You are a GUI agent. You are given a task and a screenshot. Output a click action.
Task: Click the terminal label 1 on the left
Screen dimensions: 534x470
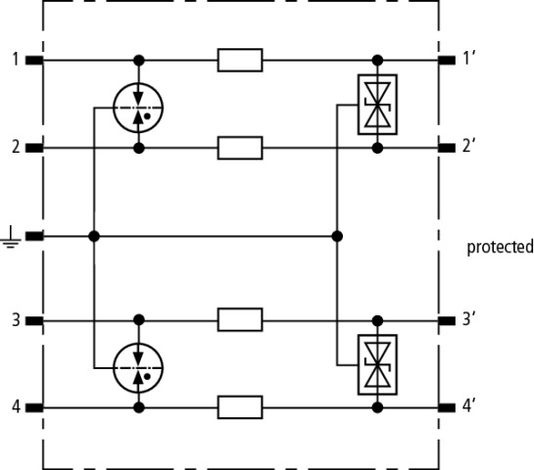click(16, 59)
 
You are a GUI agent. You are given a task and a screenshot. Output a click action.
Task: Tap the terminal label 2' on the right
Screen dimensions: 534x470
click(469, 146)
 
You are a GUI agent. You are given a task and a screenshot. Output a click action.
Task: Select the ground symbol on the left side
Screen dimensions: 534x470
click(11, 237)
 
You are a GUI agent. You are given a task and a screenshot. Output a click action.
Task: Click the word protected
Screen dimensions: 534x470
click(500, 247)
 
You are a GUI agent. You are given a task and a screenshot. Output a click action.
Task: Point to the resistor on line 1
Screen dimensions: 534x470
click(240, 61)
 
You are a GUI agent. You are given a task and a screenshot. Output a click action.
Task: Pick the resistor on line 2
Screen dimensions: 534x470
click(240, 148)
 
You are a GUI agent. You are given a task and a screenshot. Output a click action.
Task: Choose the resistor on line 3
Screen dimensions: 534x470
click(240, 319)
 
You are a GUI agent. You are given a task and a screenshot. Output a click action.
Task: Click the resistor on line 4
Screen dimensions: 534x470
click(240, 407)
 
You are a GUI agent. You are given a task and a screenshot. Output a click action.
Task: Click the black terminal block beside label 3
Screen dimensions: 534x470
click(34, 320)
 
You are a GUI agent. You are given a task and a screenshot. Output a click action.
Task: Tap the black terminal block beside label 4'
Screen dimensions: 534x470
click(447, 407)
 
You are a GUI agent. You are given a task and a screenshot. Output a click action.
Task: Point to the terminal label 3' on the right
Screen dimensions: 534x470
click(469, 319)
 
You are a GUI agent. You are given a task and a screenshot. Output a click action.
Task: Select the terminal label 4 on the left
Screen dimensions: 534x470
click(16, 406)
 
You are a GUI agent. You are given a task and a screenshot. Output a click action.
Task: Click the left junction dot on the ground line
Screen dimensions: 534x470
click(94, 236)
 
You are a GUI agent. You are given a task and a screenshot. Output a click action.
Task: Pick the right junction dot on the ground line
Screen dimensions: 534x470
click(337, 236)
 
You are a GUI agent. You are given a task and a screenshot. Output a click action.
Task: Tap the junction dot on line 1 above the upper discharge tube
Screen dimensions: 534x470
click(138, 61)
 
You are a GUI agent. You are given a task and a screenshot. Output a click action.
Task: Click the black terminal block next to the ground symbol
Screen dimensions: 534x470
click(34, 236)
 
